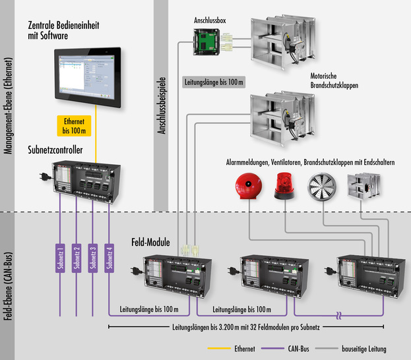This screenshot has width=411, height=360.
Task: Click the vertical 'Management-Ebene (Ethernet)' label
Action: point(9,105)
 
